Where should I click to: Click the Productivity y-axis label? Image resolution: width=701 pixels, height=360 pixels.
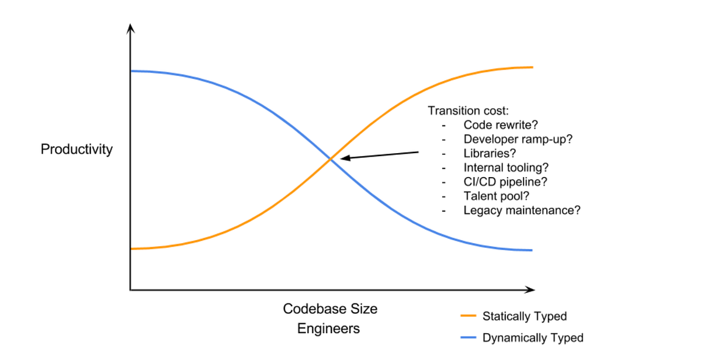pyautogui.click(x=77, y=150)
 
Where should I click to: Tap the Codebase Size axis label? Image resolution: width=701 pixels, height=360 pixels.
pyautogui.click(x=330, y=309)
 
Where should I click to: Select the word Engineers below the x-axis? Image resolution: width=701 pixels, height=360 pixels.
pyautogui.click(x=328, y=328)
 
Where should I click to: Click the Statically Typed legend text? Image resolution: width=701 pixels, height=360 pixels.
pyautogui.click(x=524, y=316)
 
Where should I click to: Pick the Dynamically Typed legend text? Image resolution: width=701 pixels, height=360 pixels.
pyautogui.click(x=532, y=337)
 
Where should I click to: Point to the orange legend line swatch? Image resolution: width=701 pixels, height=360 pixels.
pyautogui.click(x=469, y=316)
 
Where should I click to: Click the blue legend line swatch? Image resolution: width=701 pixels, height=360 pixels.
pyautogui.click(x=469, y=337)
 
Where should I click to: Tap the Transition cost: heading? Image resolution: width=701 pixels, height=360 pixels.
pyautogui.click(x=469, y=111)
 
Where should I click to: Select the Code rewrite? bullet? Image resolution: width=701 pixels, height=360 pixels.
pyautogui.click(x=500, y=125)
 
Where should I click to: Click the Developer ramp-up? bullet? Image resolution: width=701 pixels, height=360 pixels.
pyautogui.click(x=518, y=139)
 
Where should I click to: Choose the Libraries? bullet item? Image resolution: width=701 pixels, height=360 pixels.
pyautogui.click(x=490, y=154)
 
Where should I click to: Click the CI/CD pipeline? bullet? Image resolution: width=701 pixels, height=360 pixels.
pyautogui.click(x=505, y=182)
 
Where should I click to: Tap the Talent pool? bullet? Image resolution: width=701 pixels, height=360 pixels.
pyautogui.click(x=495, y=196)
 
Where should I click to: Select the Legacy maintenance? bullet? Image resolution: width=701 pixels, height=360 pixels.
pyautogui.click(x=522, y=210)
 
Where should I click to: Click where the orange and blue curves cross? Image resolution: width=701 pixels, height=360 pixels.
pyautogui.click(x=331, y=158)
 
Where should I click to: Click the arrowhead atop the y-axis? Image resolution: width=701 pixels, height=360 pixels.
pyautogui.click(x=130, y=27)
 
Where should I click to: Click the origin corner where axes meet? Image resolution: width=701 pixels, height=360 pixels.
pyautogui.click(x=130, y=289)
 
